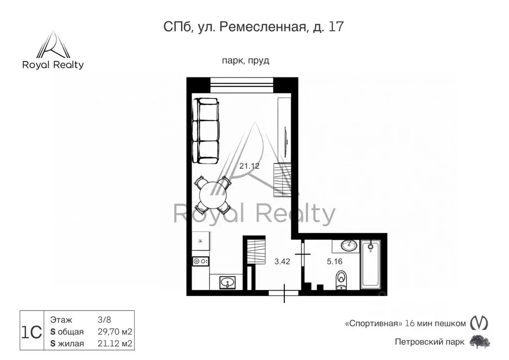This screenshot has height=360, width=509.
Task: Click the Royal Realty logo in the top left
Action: point(53,50)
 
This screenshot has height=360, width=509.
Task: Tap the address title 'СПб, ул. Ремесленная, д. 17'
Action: point(254,27)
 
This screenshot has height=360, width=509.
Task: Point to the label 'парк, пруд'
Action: point(246,61)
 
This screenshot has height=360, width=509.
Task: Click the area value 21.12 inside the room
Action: point(250,166)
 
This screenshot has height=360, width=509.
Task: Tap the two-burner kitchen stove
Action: point(201,261)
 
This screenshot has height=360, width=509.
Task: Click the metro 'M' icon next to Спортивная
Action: point(479,323)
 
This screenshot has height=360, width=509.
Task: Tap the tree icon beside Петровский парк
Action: point(480,342)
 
